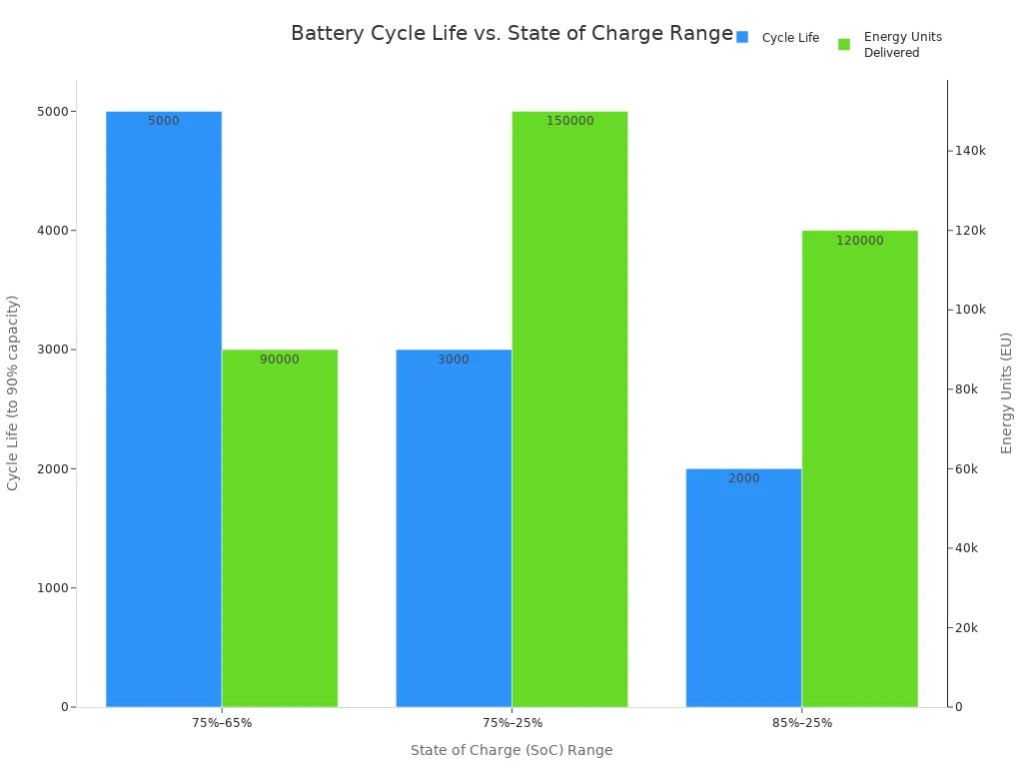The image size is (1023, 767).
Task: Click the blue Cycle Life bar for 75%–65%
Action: coord(164,409)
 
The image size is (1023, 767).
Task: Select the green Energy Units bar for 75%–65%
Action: coord(280,529)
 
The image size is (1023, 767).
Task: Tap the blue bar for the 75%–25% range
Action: coord(454,529)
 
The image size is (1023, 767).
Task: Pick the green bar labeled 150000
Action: coord(569,409)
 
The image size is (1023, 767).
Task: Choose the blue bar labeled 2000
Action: coord(743,589)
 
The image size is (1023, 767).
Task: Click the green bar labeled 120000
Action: coord(859,469)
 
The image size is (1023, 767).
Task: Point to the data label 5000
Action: coord(164,121)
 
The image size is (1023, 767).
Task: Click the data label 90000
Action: coord(280,360)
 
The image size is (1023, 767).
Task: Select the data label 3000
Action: coord(454,360)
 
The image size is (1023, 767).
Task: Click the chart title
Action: coord(511,33)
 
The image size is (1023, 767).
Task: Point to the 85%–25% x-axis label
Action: coord(801,723)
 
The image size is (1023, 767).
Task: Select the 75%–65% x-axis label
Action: coord(222,723)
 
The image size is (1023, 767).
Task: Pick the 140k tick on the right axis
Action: coord(971,151)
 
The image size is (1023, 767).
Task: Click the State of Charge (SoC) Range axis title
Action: coord(511,750)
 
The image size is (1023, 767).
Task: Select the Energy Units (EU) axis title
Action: coord(1007,392)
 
